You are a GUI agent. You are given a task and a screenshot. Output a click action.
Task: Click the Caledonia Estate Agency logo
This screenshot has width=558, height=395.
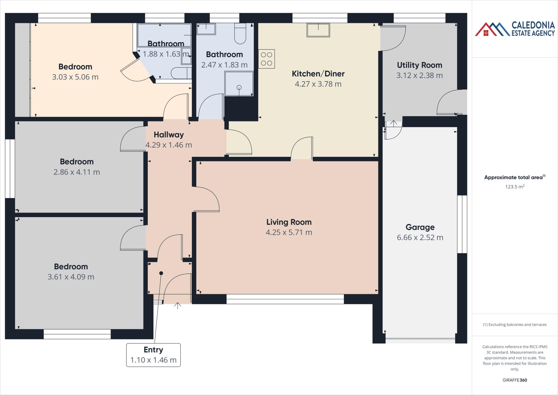[514, 29]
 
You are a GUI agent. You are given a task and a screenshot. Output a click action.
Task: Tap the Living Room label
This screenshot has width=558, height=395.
[289, 222]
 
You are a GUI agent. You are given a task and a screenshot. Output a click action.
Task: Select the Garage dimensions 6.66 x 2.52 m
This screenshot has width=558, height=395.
[420, 238]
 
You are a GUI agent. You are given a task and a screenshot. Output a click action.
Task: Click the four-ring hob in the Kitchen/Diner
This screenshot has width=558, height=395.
[266, 59]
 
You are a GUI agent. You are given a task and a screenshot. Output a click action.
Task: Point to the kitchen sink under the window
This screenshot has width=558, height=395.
[318, 30]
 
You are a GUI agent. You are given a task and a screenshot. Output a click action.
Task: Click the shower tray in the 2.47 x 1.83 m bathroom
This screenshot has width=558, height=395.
[239, 84]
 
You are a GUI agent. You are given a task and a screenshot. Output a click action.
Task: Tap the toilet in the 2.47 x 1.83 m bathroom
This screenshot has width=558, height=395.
[240, 34]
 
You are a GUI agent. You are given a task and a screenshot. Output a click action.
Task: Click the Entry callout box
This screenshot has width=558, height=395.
[153, 355]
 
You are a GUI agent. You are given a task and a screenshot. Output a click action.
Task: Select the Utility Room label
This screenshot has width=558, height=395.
[419, 65]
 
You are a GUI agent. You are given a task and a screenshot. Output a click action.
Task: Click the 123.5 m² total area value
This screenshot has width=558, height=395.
[515, 187]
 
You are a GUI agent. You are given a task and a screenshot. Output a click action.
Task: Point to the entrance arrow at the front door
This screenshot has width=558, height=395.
[178, 306]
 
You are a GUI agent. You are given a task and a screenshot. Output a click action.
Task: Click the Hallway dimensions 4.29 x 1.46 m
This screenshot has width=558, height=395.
[169, 145]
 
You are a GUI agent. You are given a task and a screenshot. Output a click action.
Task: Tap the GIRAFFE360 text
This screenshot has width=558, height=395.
[515, 380]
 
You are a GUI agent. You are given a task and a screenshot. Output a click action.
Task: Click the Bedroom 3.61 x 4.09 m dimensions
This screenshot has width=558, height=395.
[71, 277]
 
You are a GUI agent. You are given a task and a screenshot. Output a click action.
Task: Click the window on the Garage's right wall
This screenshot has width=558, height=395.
[462, 224]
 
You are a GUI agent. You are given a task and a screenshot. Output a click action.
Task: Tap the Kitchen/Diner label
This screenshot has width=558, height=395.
[318, 74]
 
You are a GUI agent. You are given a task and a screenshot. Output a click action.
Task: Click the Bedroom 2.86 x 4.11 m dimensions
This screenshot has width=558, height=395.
[77, 172]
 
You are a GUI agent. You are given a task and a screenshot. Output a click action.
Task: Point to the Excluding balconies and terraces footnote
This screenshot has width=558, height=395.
[515, 325]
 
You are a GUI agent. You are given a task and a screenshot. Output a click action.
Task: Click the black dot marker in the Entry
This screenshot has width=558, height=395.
[161, 273]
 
